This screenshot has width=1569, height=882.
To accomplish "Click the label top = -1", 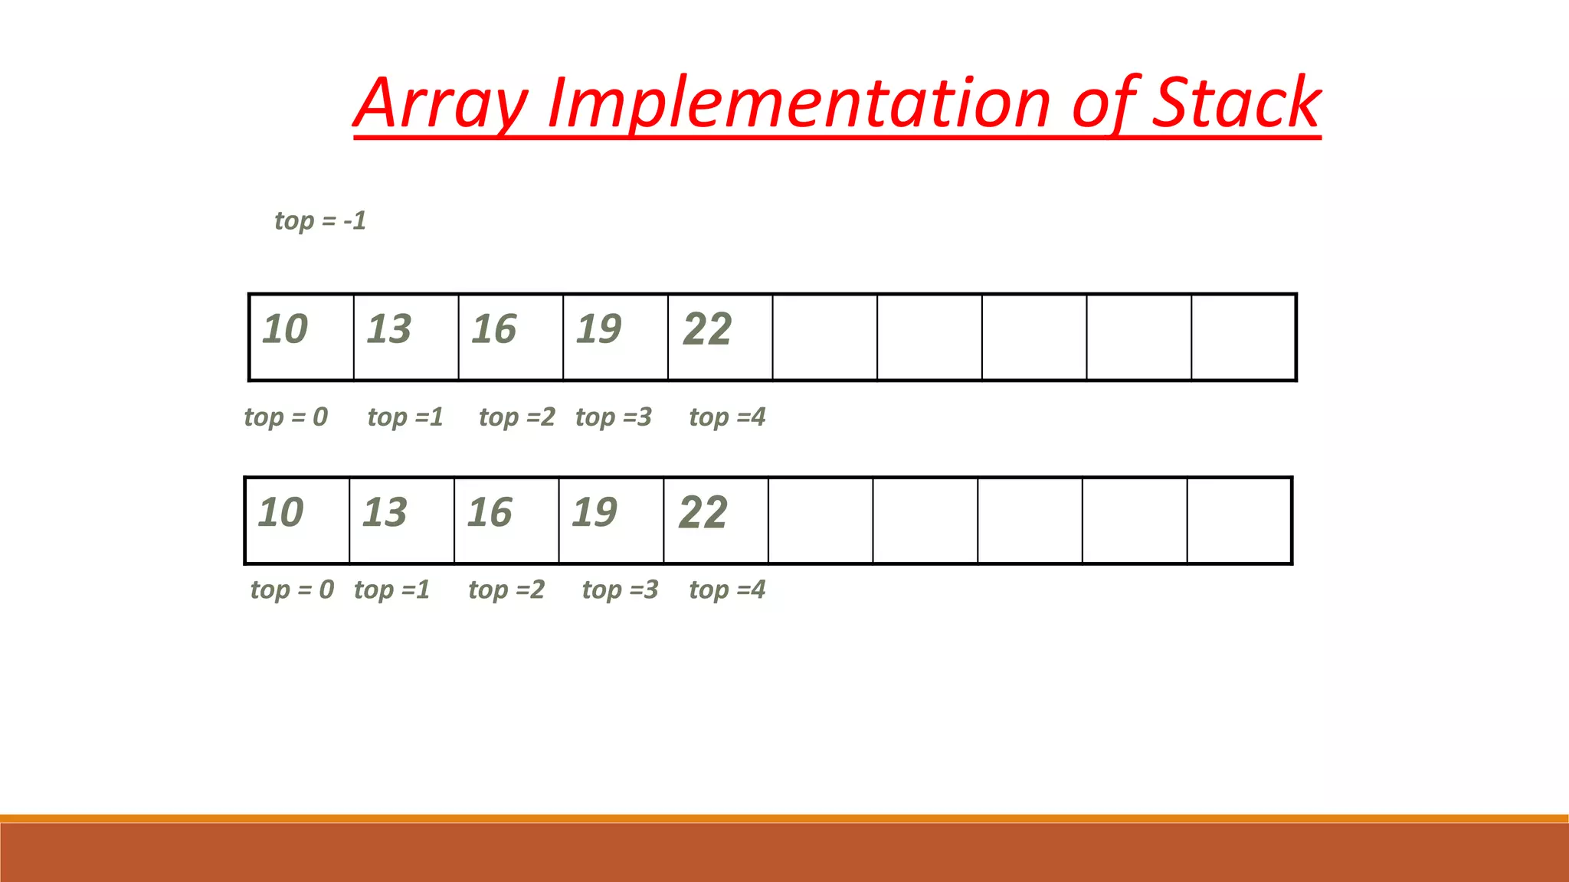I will point(320,220).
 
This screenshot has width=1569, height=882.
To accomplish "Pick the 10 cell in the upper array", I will point(301,337).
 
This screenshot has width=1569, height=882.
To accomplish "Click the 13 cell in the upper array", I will point(406,337).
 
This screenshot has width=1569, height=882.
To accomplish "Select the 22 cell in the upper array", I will point(720,337).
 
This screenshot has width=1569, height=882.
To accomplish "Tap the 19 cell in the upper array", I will point(615,337).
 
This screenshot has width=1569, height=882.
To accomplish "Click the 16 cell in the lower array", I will point(506,521).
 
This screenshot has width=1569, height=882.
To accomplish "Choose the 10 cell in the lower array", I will point(296,521).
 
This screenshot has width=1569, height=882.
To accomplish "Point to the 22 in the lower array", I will point(703,512).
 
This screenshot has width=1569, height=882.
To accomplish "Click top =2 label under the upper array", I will point(517,417).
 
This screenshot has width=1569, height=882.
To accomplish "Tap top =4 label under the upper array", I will point(727,417).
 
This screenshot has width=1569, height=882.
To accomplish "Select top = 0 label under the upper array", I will point(286,417).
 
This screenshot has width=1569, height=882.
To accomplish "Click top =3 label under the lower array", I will point(620,590).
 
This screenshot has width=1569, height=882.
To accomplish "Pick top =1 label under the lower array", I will point(391,590).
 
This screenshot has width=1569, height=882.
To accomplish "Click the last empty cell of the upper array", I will point(1243,337).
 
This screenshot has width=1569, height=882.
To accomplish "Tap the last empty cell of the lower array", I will point(1239,521).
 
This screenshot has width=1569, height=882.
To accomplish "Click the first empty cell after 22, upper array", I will point(824,337).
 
